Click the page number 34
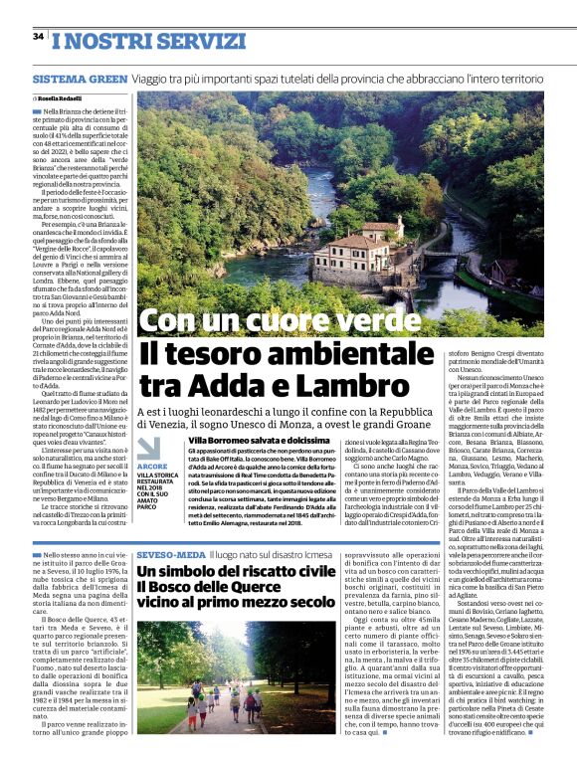pyautogui.click(x=38, y=37)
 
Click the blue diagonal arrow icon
pyautogui.click(x=149, y=448)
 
